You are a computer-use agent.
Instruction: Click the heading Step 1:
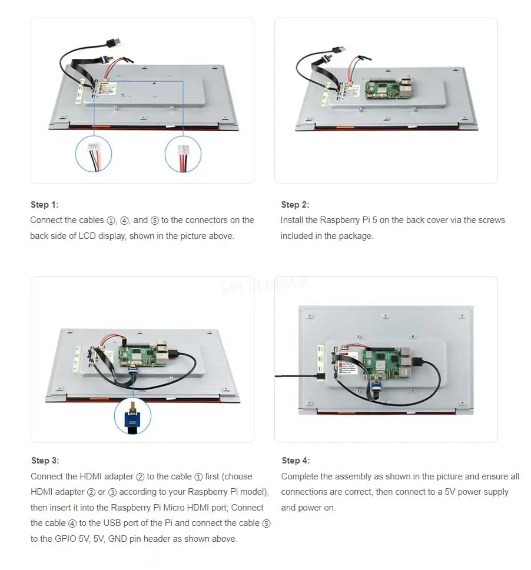44,205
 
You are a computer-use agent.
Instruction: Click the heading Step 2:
295,205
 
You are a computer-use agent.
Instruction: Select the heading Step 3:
45,461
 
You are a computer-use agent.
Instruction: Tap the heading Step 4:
296,461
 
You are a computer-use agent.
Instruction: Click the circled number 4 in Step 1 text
124,221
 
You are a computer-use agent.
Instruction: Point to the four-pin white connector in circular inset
94,146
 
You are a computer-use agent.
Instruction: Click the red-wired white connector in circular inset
183,149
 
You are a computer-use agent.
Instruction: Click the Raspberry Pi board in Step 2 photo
389,88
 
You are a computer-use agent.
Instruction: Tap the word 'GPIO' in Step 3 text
66,539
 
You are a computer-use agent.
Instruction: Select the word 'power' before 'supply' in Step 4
469,492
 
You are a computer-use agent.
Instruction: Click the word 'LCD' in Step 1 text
87,236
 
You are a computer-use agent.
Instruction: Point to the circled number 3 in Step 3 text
112,492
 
